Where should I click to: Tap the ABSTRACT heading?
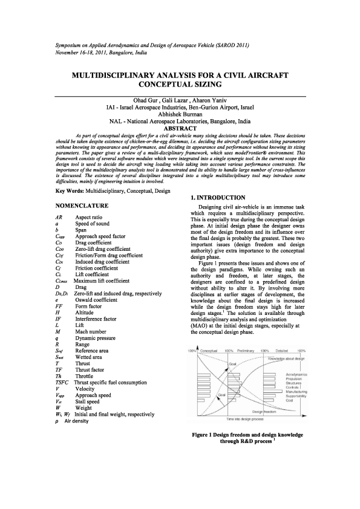pyautogui.click(x=180, y=128)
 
